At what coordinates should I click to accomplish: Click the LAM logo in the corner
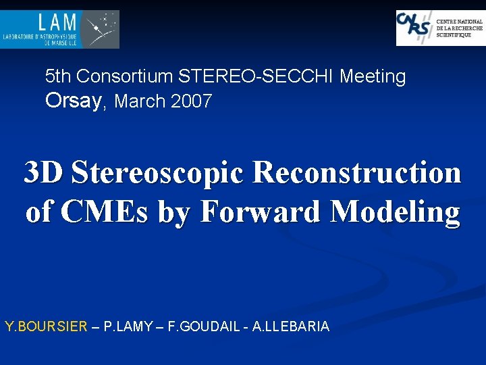(60, 29)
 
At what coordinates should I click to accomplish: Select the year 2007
(192, 101)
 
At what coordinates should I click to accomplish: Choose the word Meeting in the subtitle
(373, 76)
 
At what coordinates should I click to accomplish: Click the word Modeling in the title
(396, 212)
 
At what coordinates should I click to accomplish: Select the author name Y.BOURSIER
(46, 327)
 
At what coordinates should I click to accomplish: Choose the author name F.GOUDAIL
(203, 327)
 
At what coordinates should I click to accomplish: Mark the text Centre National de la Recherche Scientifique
(460, 28)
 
